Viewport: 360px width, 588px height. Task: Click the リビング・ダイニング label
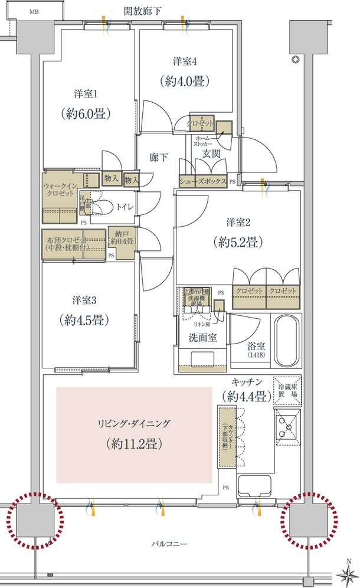click(134, 423)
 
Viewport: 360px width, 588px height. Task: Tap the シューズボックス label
click(202, 182)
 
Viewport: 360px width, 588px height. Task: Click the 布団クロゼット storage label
click(66, 244)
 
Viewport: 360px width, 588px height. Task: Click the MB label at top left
click(35, 12)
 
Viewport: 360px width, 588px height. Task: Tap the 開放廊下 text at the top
click(142, 11)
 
